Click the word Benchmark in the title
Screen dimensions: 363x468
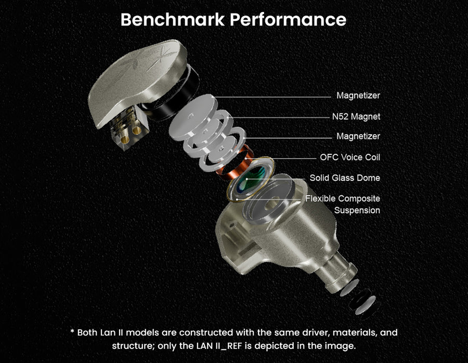[x=173, y=20]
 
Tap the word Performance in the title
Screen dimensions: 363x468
[x=289, y=20]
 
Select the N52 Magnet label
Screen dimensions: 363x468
[x=356, y=116]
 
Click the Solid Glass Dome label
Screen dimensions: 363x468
[x=345, y=178]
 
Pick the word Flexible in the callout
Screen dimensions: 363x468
[x=321, y=199]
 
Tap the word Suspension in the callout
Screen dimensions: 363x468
[x=357, y=211]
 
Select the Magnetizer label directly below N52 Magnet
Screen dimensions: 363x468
[x=358, y=136]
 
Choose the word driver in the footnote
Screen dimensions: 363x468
[x=288, y=332]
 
